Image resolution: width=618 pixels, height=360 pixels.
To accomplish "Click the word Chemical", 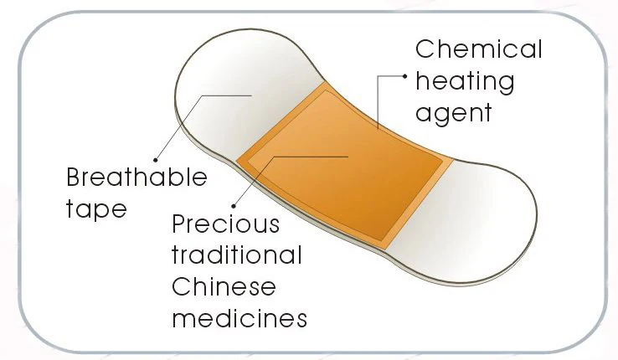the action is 479,49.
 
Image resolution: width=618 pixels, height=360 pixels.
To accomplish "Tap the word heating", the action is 465,82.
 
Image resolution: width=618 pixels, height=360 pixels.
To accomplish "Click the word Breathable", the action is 136,177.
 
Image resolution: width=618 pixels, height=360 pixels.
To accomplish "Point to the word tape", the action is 96,208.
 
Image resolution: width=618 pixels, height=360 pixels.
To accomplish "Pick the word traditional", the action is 237,255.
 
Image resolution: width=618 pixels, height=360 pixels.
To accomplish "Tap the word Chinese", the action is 224,287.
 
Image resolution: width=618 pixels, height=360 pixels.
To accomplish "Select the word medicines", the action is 239,318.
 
